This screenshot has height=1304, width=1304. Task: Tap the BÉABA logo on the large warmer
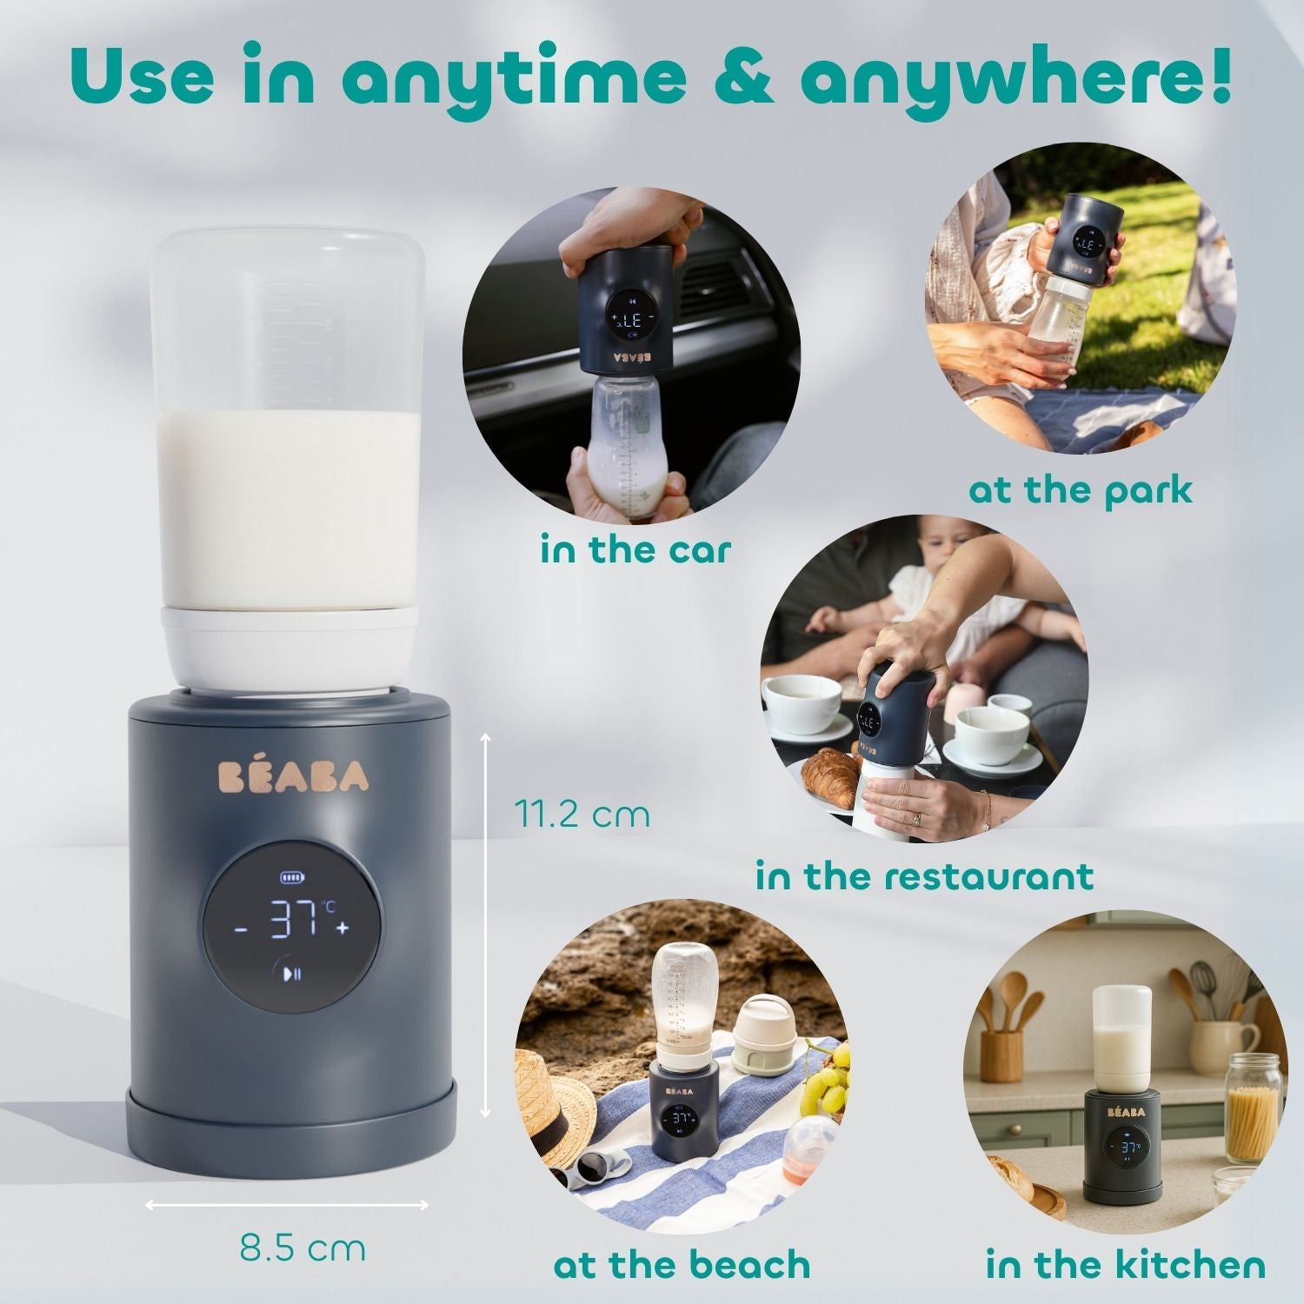pos(292,775)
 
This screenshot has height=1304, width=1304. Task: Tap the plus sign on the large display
pos(343,928)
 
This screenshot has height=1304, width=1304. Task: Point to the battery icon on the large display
pos(288,877)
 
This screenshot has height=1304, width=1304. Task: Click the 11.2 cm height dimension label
pos(582,815)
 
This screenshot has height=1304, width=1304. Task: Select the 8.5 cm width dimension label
pos(303,1249)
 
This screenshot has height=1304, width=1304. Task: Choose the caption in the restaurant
pos(924,875)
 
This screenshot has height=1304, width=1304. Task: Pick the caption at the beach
pos(682,1265)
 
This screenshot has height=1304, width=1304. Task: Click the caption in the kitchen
pos(1126,1265)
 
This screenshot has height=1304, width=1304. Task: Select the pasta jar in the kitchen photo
pos(1253,1108)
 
